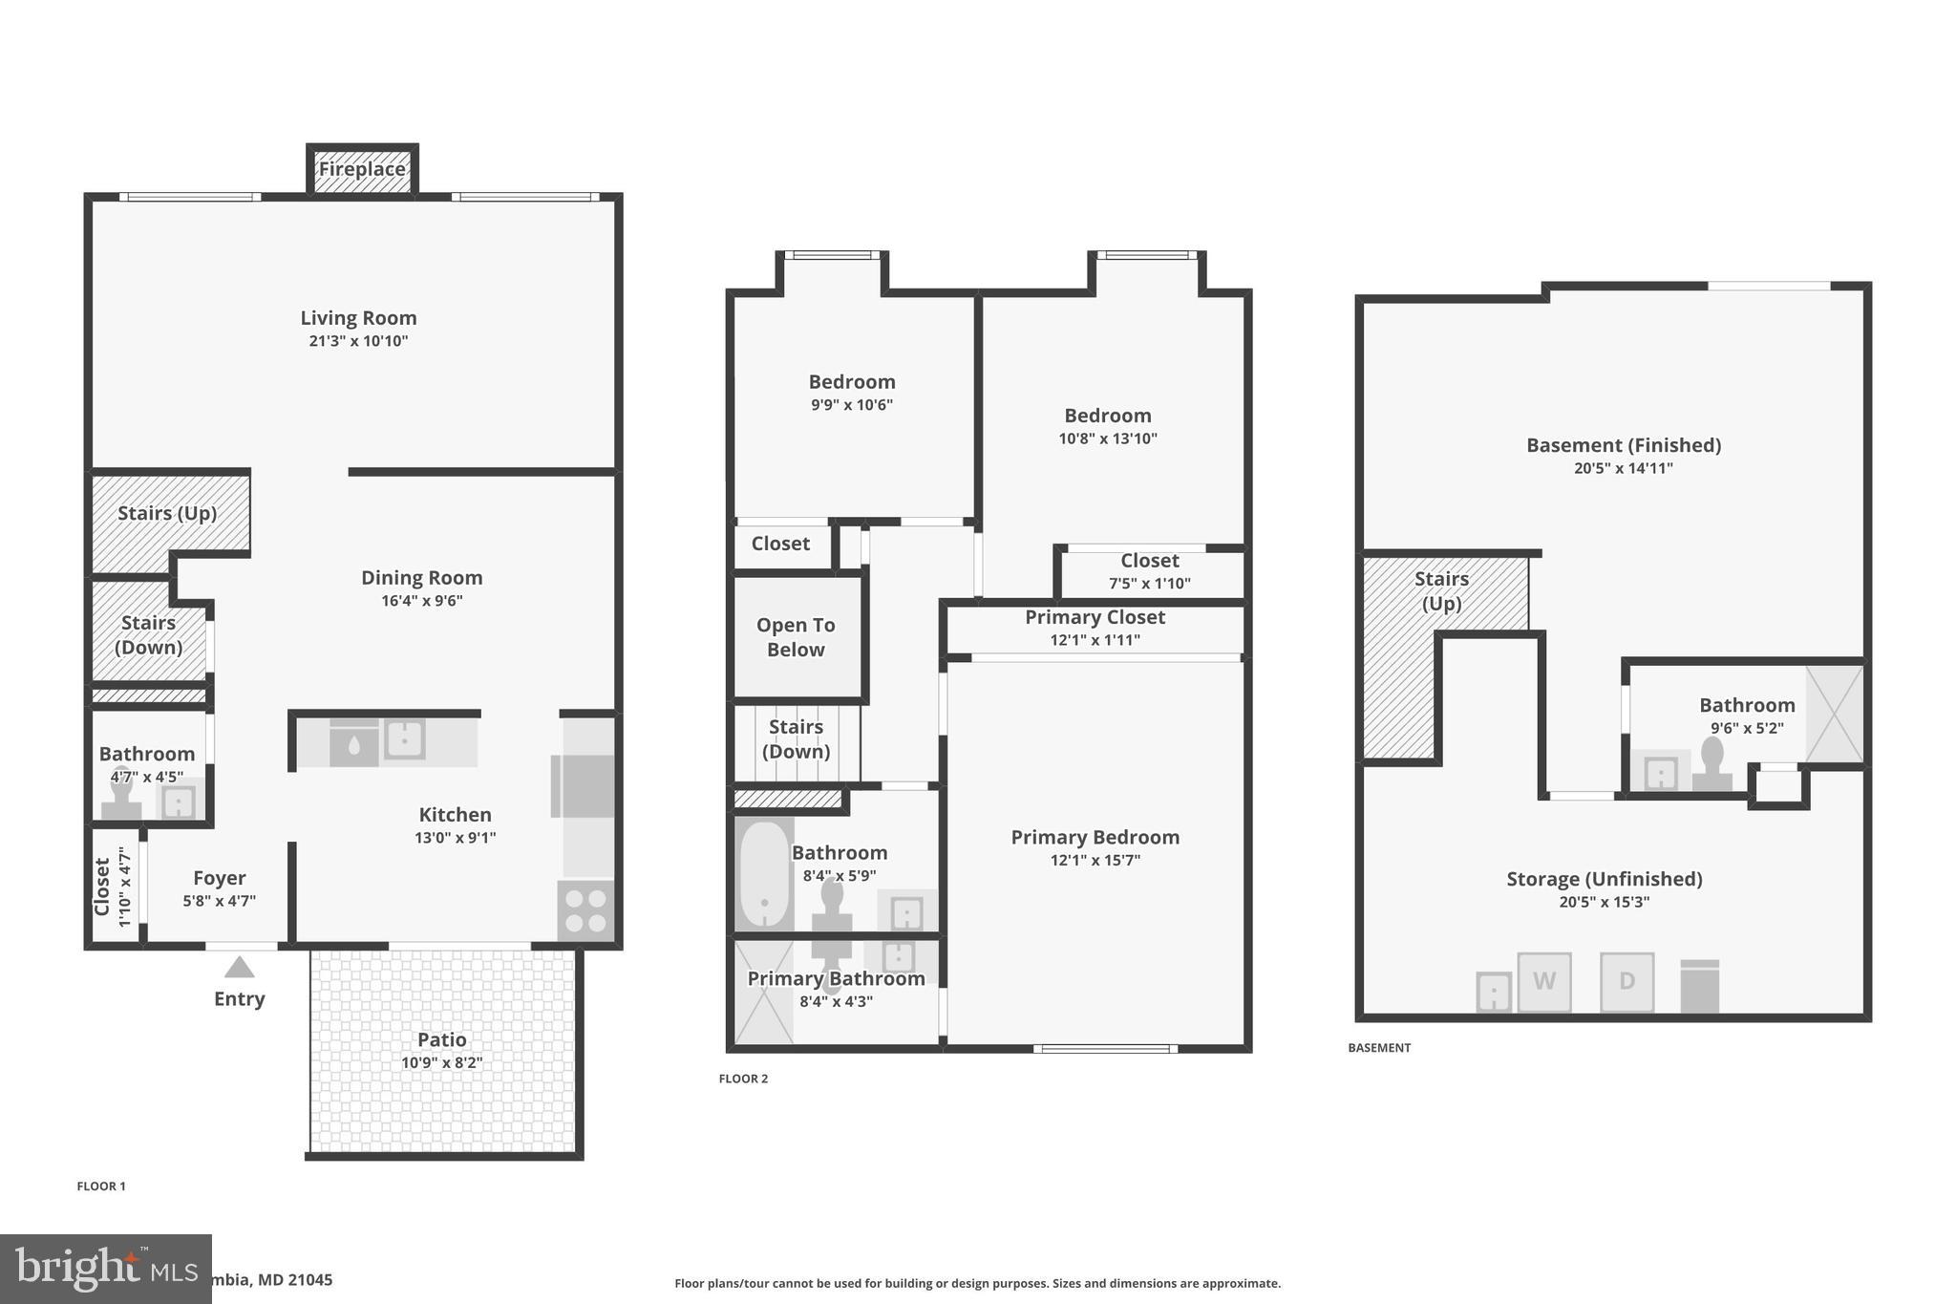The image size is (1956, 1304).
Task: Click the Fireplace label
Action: click(361, 170)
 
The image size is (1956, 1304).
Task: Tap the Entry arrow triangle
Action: click(239, 968)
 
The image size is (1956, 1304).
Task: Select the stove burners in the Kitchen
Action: click(585, 910)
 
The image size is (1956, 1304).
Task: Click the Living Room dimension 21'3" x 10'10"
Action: click(358, 341)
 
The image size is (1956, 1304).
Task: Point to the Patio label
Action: click(441, 1039)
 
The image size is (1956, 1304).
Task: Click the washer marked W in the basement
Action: click(1543, 981)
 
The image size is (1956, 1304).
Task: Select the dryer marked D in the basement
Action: click(1626, 981)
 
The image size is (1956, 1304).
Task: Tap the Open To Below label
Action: click(796, 637)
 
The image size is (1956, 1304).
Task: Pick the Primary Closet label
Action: click(1095, 617)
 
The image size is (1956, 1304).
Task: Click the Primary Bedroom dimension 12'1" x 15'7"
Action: click(1095, 860)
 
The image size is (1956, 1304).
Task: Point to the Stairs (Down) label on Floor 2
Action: click(796, 738)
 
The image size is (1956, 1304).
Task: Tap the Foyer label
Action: click(219, 878)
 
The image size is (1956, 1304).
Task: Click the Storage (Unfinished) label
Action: click(1604, 879)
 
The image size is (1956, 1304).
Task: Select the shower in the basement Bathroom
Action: click(1834, 714)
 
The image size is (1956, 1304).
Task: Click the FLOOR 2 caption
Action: click(743, 1079)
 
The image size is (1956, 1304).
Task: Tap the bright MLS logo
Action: click(105, 1269)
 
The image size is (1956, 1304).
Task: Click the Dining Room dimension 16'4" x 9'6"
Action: click(421, 601)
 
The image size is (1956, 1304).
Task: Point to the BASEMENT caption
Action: click(1378, 1048)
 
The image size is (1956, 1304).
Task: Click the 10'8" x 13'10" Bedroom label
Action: click(1107, 417)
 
